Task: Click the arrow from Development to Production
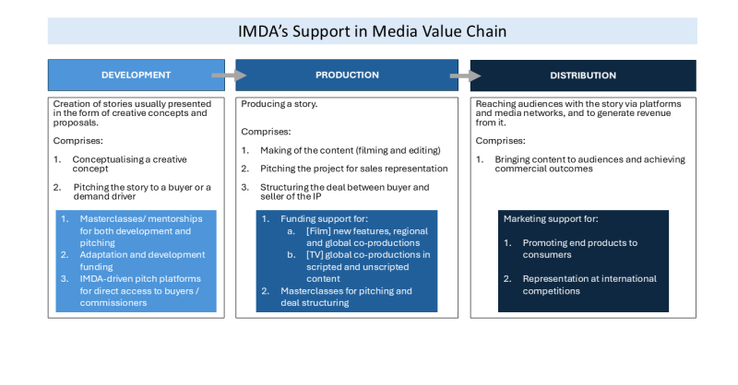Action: [x=223, y=75]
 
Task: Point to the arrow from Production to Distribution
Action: [x=459, y=75]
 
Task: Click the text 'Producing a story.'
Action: [x=275, y=105]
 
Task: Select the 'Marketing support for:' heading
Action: [x=550, y=219]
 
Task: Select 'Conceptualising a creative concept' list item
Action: [x=129, y=164]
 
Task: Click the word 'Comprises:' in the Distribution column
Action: [x=501, y=141]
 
